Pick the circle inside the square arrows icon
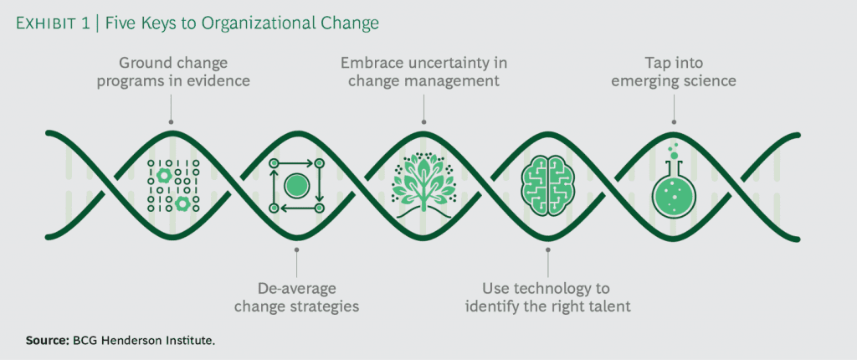pyautogui.click(x=295, y=184)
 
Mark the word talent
pyautogui.click(x=608, y=306)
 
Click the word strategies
pyautogui.click(x=323, y=306)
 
